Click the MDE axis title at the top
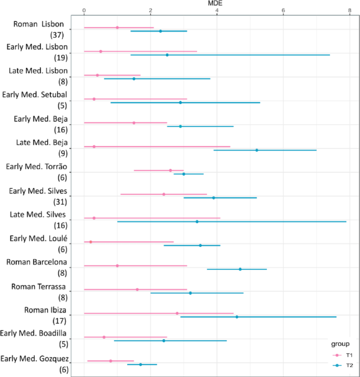216,3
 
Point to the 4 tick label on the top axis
217,11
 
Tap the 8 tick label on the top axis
349,11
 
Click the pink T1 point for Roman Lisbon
117,27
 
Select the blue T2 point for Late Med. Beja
256,150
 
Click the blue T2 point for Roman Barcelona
240,269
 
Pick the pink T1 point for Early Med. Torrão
170,170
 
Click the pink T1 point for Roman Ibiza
177,313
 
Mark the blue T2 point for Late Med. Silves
197,222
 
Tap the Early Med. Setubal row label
42,95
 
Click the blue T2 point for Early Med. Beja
180,127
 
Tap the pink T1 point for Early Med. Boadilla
104,337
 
